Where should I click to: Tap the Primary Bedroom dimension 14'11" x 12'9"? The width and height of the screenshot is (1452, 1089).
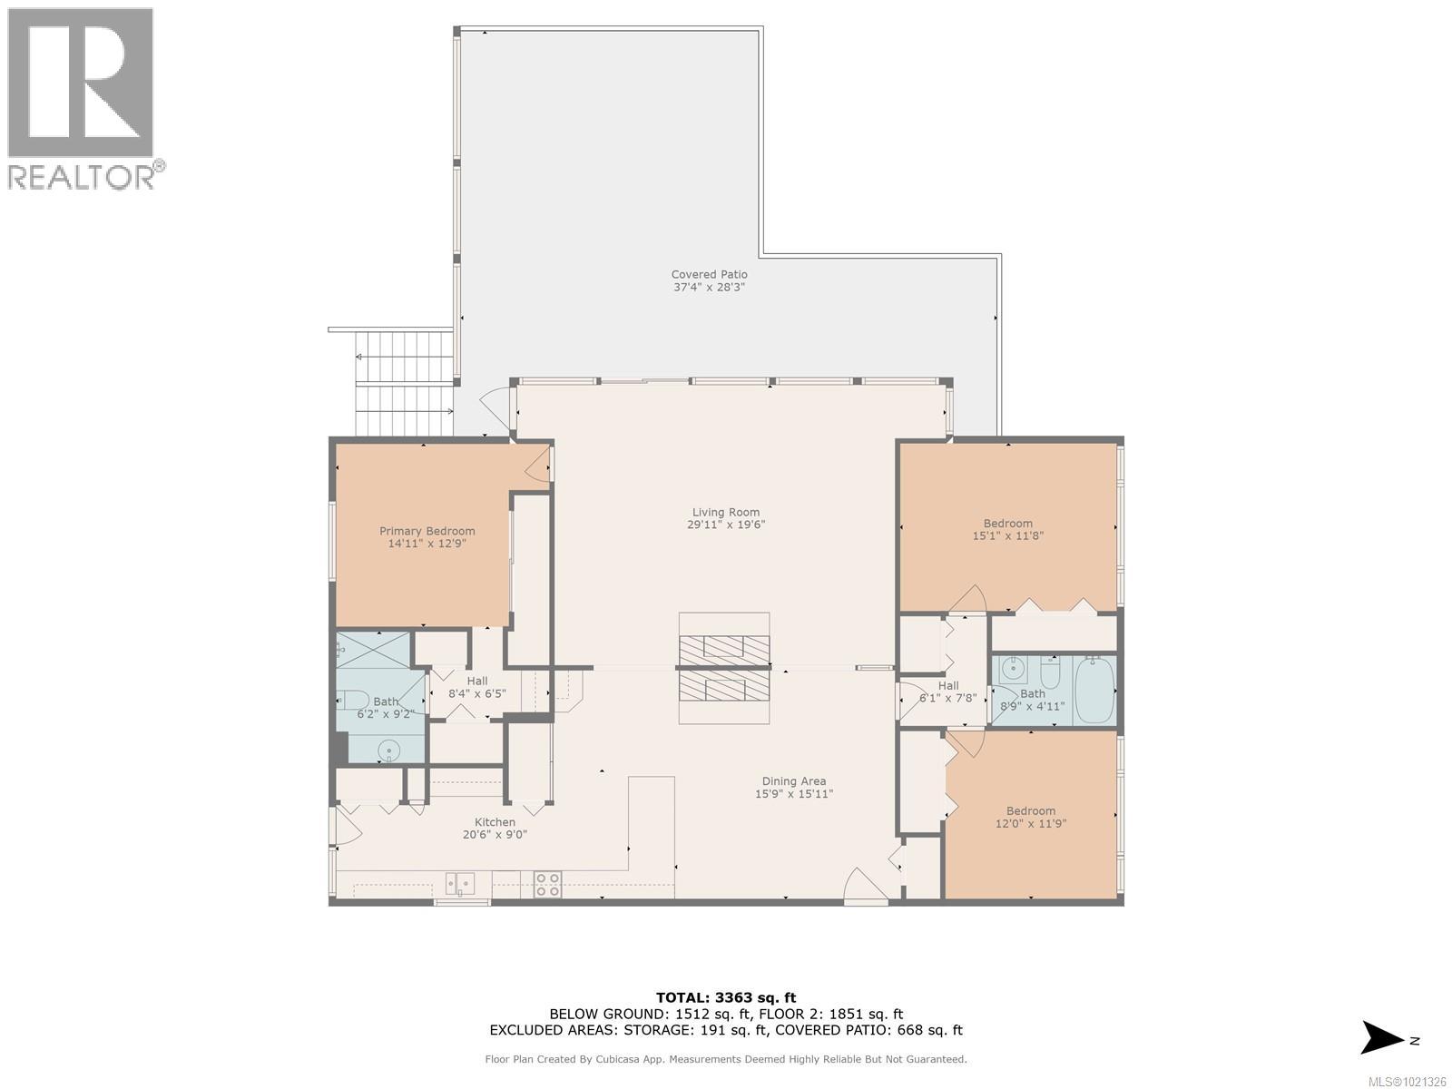(x=427, y=544)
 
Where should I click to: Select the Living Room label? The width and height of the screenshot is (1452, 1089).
(x=725, y=512)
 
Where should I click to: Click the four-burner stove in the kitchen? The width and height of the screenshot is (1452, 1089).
(x=547, y=884)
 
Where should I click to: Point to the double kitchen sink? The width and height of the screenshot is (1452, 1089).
(x=460, y=882)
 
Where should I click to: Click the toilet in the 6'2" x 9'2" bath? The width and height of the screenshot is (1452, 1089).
(x=353, y=700)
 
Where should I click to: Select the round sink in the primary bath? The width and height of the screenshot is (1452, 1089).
(x=388, y=750)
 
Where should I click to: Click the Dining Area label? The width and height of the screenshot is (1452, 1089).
(x=793, y=780)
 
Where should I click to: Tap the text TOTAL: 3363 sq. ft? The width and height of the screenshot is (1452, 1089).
(x=725, y=997)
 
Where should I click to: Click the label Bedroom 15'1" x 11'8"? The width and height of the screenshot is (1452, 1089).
(x=1007, y=529)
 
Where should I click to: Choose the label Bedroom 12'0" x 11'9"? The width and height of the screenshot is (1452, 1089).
(x=1030, y=817)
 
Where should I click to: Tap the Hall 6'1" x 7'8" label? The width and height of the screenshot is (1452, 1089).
(x=947, y=692)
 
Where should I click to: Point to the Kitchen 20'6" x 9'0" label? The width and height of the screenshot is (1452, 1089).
(x=495, y=828)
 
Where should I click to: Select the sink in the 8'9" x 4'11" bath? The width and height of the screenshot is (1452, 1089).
(x=1010, y=672)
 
